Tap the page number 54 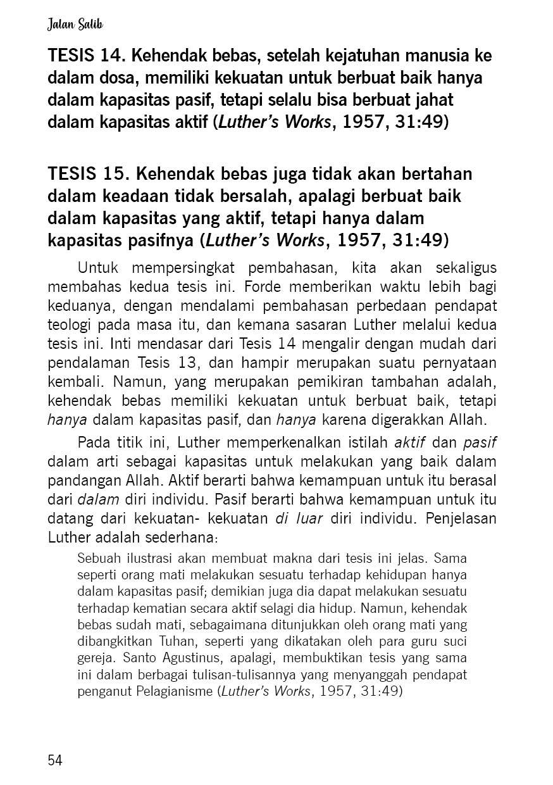pyautogui.click(x=55, y=760)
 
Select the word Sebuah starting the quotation pyautogui.click(x=95, y=560)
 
